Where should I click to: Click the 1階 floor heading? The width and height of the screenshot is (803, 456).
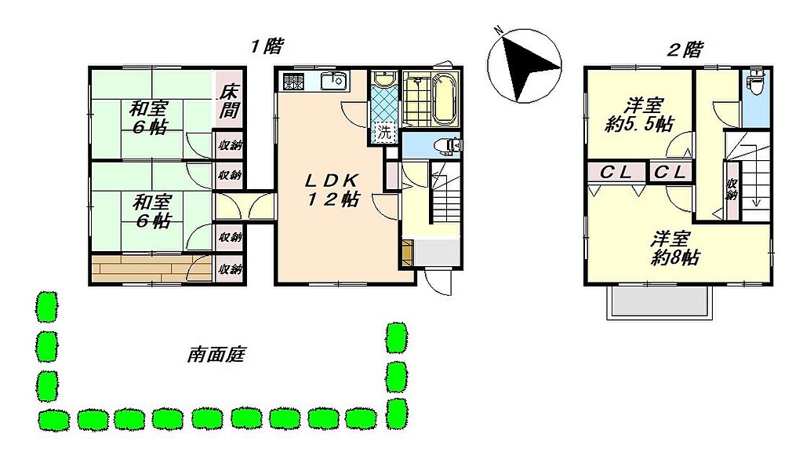pyautogui.click(x=266, y=46)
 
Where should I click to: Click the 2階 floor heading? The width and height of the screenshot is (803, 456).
pyautogui.click(x=685, y=49)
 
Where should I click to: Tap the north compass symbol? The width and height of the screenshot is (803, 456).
pyautogui.click(x=524, y=65)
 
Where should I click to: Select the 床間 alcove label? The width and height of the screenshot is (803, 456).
pyautogui.click(x=229, y=101)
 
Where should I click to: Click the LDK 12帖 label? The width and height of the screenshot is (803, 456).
pyautogui.click(x=332, y=190)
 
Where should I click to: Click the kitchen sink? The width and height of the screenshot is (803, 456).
pyautogui.click(x=334, y=81)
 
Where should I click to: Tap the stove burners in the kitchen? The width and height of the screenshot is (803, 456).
pyautogui.click(x=293, y=82)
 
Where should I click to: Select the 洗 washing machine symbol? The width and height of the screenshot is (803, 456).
pyautogui.click(x=384, y=132)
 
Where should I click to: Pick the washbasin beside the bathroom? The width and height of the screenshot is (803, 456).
pyautogui.click(x=383, y=79)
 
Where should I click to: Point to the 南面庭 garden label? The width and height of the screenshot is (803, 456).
pyautogui.click(x=216, y=354)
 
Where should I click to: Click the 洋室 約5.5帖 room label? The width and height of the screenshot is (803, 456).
pyautogui.click(x=639, y=115)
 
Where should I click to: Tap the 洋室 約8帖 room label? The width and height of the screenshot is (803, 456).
pyautogui.click(x=671, y=248)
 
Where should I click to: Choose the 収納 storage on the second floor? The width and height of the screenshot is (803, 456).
pyautogui.click(x=732, y=189)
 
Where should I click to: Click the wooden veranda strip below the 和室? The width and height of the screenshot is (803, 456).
pyautogui.click(x=151, y=268)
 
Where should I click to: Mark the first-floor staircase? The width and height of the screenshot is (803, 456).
pyautogui.click(x=445, y=192)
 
